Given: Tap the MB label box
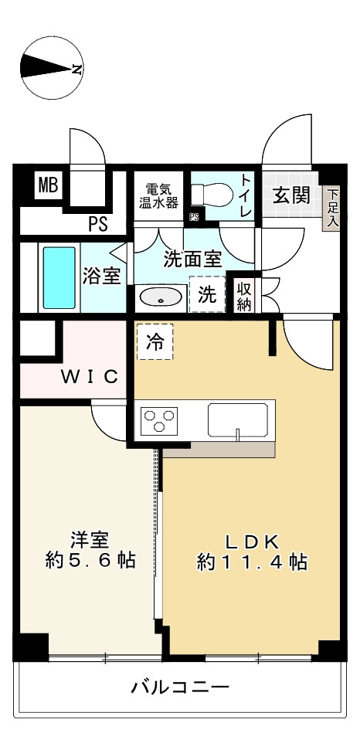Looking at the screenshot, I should point(48,185).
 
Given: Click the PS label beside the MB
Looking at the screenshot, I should point(97,225).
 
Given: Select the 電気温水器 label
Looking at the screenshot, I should point(159,196).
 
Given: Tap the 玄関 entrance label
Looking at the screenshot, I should point(291,195).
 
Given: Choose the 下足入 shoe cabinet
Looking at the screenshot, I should point(332,206).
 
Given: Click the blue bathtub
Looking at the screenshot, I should point(58,277).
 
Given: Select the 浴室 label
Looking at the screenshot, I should point(102,276).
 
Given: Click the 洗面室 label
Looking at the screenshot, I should point(193,260).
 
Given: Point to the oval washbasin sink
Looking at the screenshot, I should point(161,297).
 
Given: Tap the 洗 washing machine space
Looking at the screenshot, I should point(207,294).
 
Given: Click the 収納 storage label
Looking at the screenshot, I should point(244,294).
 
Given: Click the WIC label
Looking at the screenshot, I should point(90,377).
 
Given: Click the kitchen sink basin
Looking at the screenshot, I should point(239,422).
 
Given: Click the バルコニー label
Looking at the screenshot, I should point(179,686).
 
